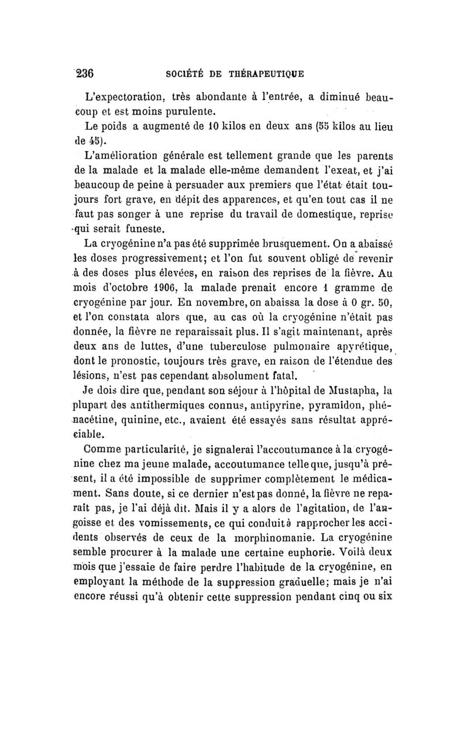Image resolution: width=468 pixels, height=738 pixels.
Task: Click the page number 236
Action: [x=85, y=74]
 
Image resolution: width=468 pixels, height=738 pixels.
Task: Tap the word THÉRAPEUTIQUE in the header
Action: [x=264, y=74]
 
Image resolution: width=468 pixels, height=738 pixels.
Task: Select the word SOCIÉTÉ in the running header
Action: [x=184, y=74]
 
